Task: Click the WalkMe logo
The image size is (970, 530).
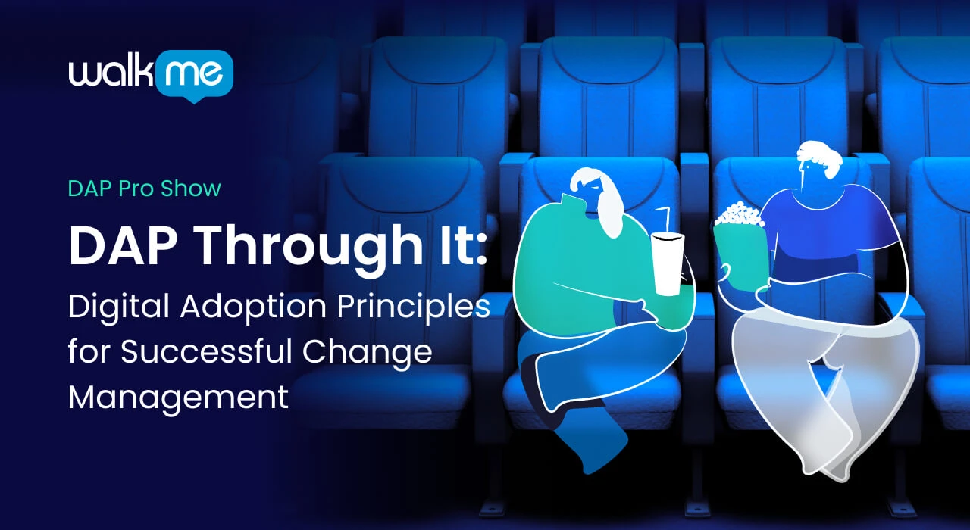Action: (x=151, y=76)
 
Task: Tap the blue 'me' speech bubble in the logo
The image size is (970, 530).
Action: (x=194, y=76)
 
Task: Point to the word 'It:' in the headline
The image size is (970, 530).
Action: (x=462, y=245)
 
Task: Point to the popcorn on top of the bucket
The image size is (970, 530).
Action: (x=739, y=215)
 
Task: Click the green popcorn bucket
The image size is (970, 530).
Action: (x=741, y=257)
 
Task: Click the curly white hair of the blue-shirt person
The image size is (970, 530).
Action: (x=821, y=158)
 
